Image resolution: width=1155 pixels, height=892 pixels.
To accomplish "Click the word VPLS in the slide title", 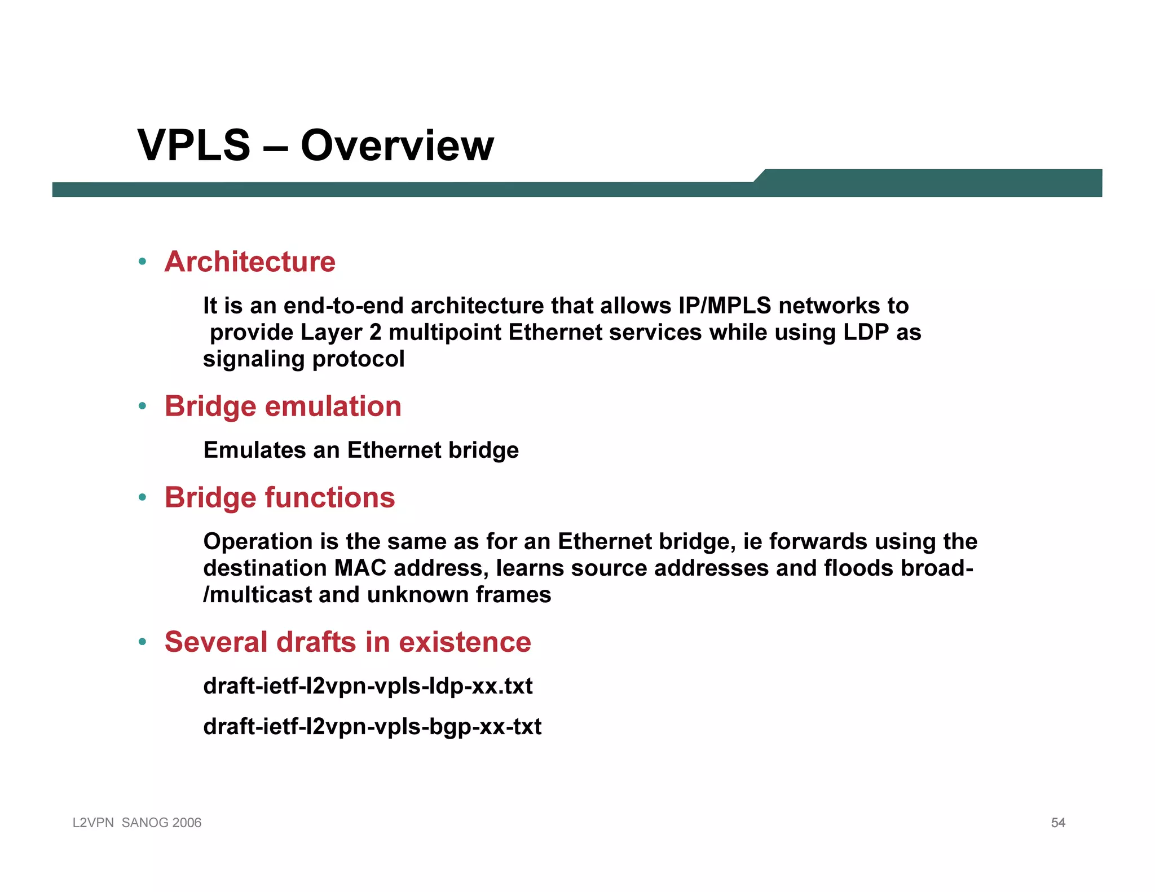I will point(194,146).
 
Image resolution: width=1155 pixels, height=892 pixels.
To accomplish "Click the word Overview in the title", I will point(397,146).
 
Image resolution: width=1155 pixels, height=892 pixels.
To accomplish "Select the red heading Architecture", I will point(250,262).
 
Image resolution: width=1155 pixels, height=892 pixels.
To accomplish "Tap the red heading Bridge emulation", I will point(283,407).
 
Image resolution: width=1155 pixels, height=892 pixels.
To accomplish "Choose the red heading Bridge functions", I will point(280,498).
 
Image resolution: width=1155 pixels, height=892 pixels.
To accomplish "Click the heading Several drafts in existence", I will point(347,642).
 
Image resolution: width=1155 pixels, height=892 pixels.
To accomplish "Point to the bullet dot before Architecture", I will point(143,262).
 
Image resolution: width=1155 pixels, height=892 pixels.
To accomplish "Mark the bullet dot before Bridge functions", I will point(143,497).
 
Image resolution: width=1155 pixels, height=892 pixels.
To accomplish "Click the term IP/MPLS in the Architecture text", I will point(725,306).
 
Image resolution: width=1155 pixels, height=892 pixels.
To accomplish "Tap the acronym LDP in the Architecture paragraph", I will point(866,333).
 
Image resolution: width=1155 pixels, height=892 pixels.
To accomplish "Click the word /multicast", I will point(257,595).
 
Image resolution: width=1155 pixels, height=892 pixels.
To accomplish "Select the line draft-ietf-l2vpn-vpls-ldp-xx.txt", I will point(368,687).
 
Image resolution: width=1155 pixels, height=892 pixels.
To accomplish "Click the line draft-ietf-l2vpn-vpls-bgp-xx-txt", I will point(372,727).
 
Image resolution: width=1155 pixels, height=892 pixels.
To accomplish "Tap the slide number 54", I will point(1058,823).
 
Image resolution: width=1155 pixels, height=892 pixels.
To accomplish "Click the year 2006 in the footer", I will point(187,823).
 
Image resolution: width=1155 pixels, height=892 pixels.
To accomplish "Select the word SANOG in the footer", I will point(145,823).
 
